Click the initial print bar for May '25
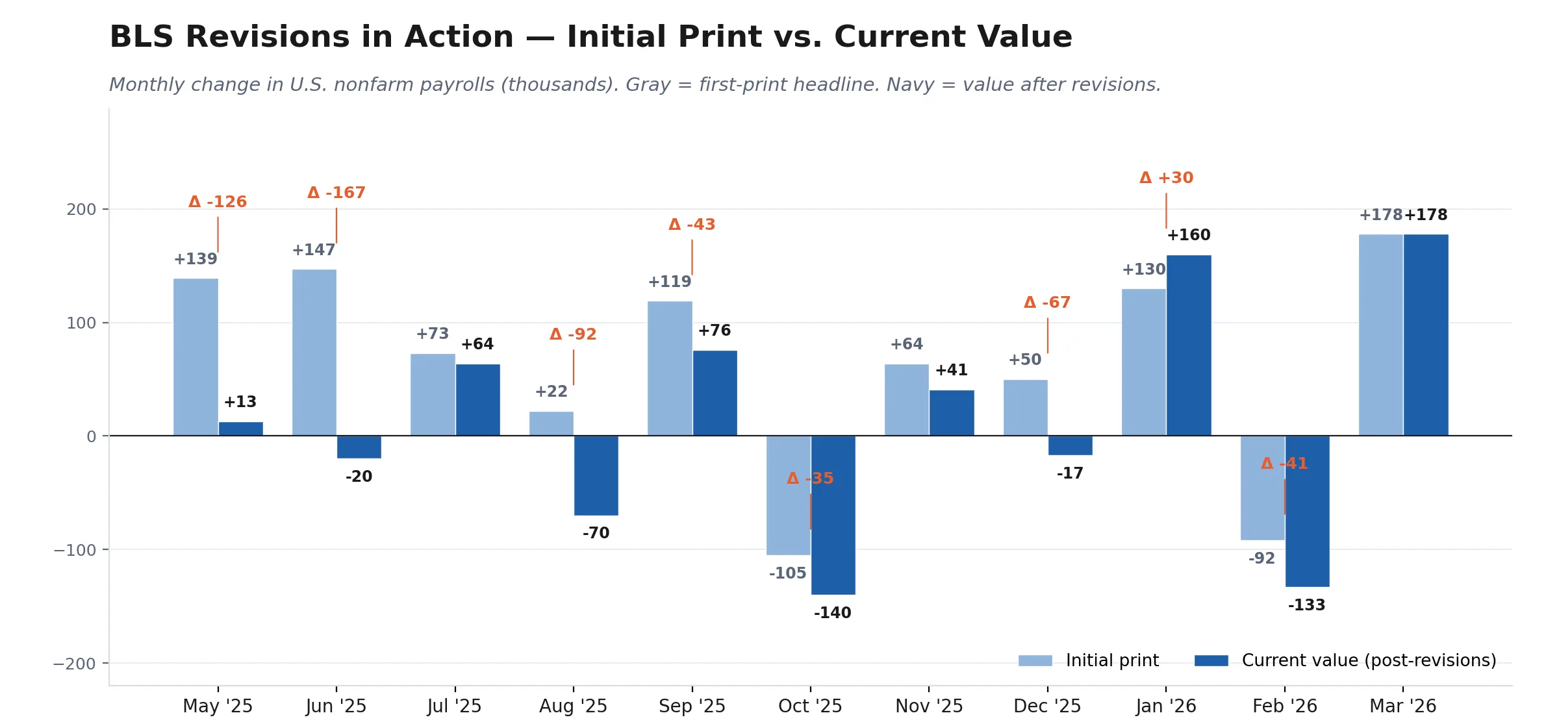click(196, 357)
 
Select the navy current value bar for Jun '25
click(359, 447)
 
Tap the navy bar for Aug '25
click(596, 475)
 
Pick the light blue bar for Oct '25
click(789, 495)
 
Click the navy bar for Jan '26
click(1189, 345)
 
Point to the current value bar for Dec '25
click(1071, 445)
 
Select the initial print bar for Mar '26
click(1381, 335)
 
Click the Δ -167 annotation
click(336, 193)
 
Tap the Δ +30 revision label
click(1167, 178)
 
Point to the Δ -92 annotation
click(573, 334)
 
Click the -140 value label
click(833, 613)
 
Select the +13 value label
click(240, 402)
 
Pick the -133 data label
click(1307, 605)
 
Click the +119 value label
click(670, 282)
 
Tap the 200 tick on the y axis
click(81, 210)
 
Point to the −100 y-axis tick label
click(75, 550)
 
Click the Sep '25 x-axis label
click(692, 706)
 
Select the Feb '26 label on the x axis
click(1285, 706)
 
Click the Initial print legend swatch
click(1035, 660)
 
